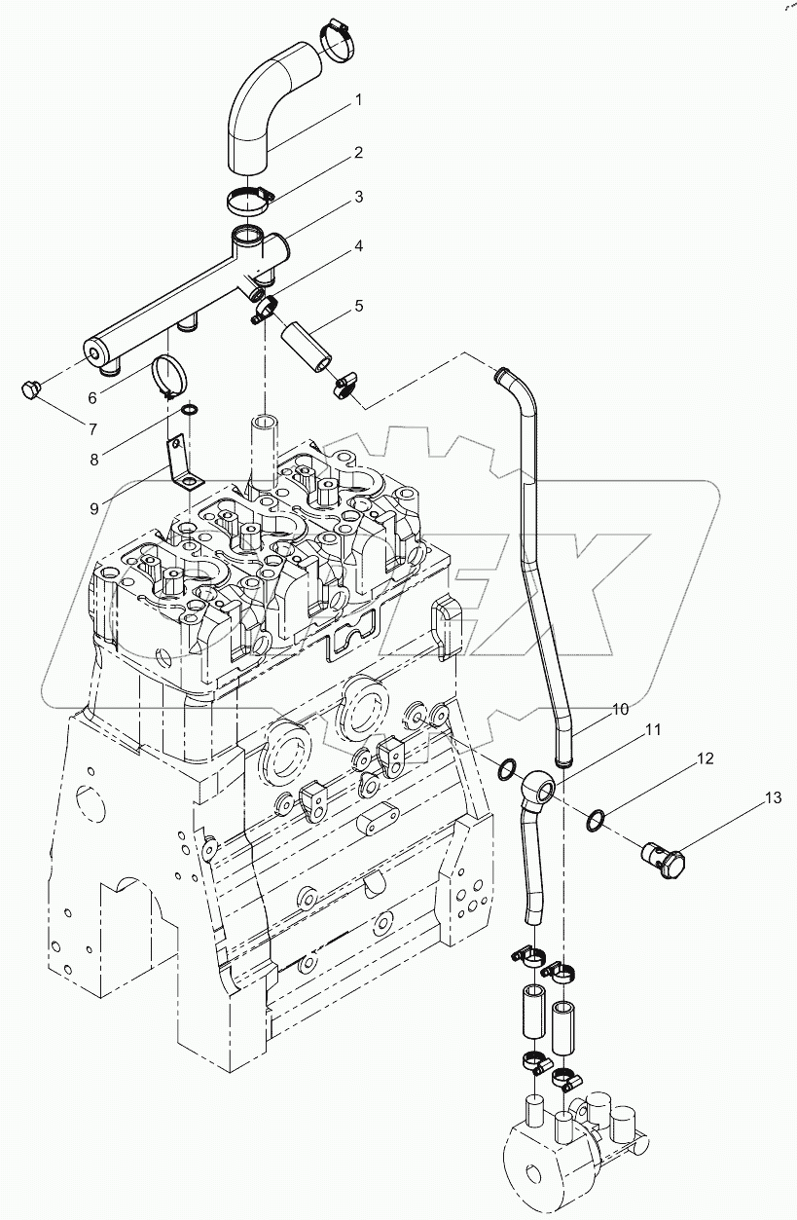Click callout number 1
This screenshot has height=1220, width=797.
[357, 100]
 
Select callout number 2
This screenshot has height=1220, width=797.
[358, 153]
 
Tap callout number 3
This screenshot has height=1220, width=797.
[358, 197]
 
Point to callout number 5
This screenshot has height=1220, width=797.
[358, 306]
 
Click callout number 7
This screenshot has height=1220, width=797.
[92, 429]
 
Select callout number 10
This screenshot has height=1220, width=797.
[620, 710]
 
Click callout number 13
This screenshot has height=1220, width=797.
[772, 799]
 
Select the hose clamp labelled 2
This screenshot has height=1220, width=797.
[251, 201]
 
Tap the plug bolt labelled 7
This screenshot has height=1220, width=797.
[29, 390]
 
